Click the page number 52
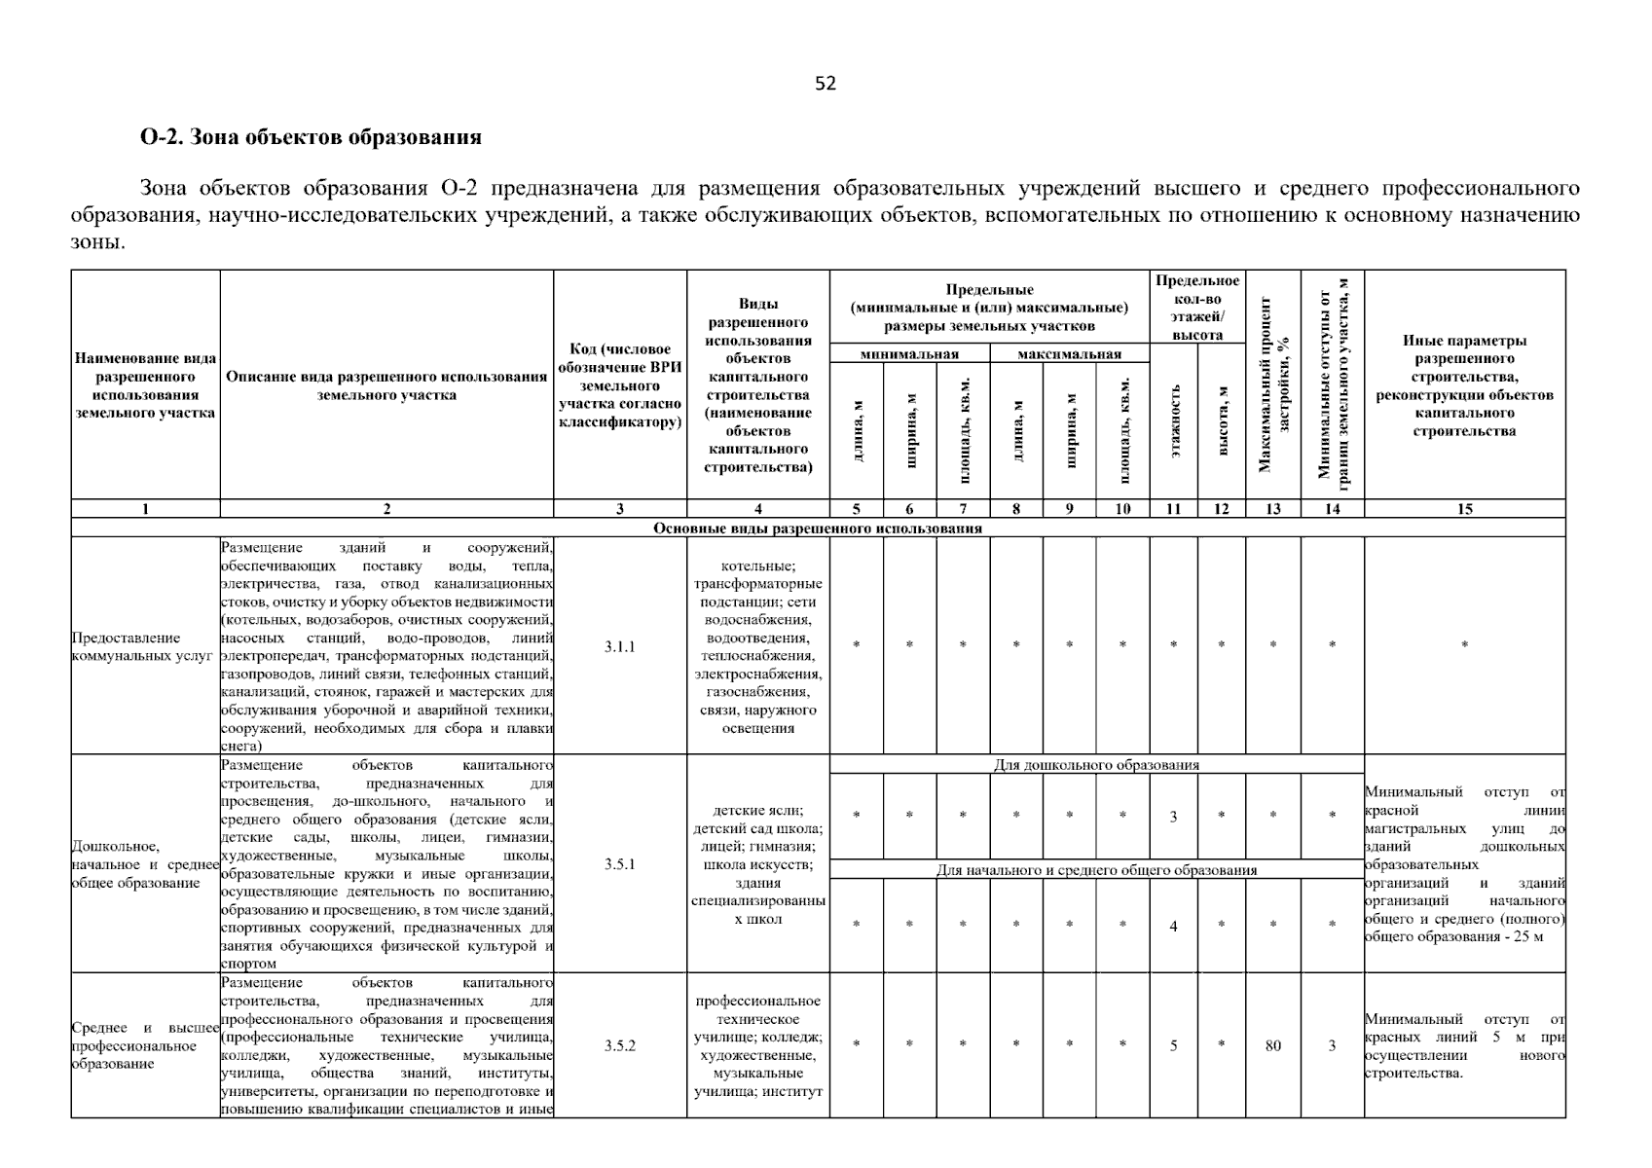[x=826, y=84]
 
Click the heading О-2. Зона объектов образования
[x=311, y=137]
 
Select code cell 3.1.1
[x=619, y=646]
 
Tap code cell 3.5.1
[x=619, y=863]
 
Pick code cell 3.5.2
[x=619, y=1045]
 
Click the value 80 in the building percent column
[x=1272, y=1045]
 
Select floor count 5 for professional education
[x=1173, y=1045]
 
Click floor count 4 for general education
[x=1173, y=926]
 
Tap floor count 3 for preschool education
[x=1173, y=817]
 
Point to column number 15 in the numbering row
[x=1464, y=508]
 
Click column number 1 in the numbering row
[x=145, y=508]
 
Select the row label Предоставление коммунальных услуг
[x=141, y=647]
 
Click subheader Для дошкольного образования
[x=1096, y=765]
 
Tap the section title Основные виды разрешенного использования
[x=817, y=529]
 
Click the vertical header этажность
[x=1174, y=420]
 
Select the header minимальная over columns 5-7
[x=909, y=354]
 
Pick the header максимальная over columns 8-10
[x=1069, y=354]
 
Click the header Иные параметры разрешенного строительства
[x=1464, y=385]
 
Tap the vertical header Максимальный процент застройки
[x=1273, y=384]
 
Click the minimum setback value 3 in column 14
[x=1332, y=1045]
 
